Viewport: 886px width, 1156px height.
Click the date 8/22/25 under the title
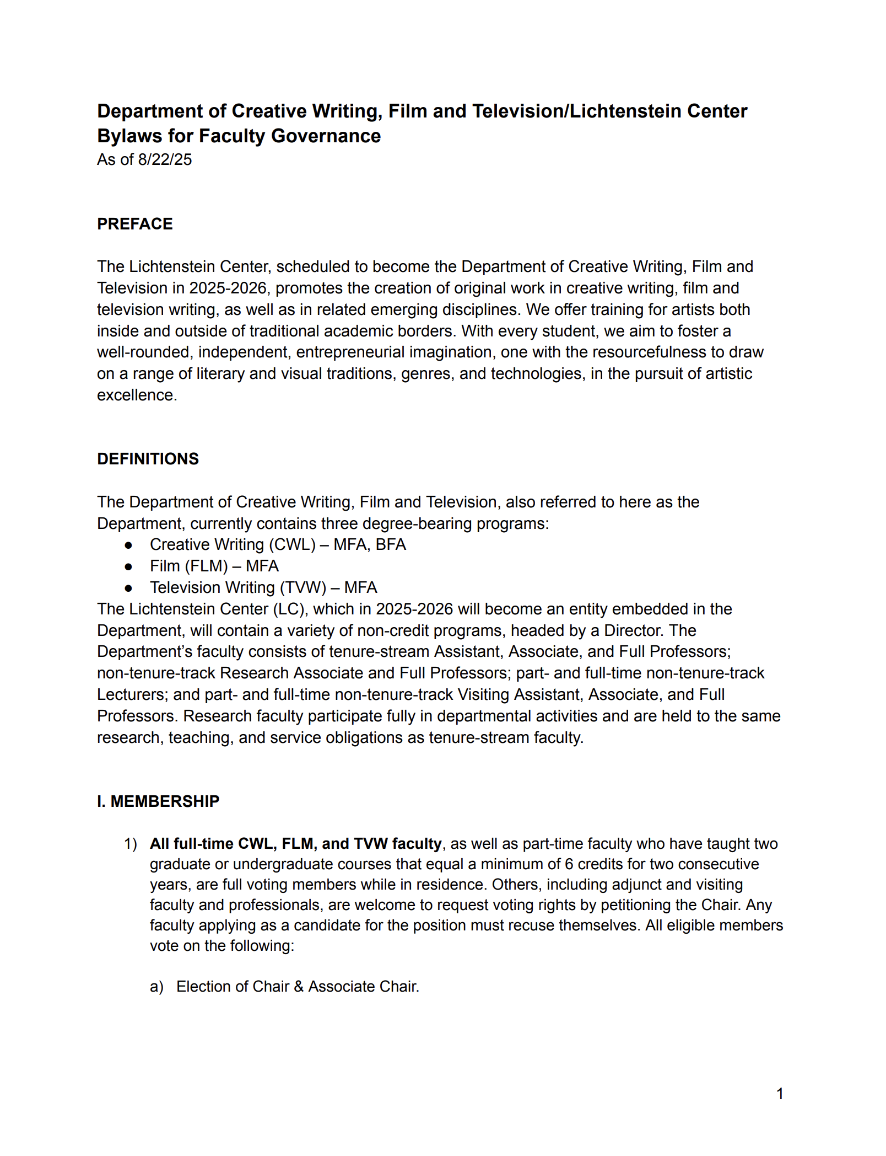[165, 159]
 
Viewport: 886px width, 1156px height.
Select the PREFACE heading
[134, 224]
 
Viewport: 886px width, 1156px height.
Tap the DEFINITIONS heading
[148, 459]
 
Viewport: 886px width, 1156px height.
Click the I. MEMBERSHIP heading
[158, 801]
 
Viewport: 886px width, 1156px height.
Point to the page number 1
[780, 1094]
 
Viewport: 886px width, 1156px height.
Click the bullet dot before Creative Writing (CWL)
[128, 545]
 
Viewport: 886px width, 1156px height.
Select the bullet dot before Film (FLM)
[128, 566]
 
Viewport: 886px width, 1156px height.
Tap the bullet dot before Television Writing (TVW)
[128, 588]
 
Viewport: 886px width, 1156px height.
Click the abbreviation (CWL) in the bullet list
[292, 545]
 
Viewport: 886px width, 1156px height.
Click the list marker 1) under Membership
[130, 844]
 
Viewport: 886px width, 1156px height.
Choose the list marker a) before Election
[156, 986]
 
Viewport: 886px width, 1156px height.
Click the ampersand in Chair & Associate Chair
[299, 986]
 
